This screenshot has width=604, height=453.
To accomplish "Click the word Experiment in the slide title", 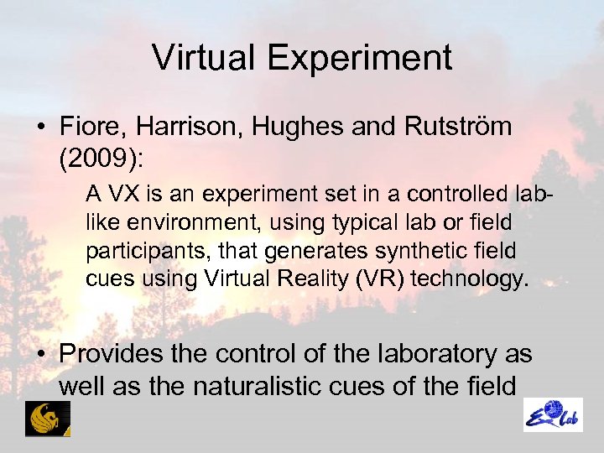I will tap(363, 58).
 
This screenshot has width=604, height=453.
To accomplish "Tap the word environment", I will tap(174, 223).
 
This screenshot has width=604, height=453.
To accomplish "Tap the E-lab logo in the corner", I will tap(554, 414).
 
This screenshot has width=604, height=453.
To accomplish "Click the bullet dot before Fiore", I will tap(40, 128).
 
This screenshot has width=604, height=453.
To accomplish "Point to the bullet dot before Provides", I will tap(40, 355).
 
